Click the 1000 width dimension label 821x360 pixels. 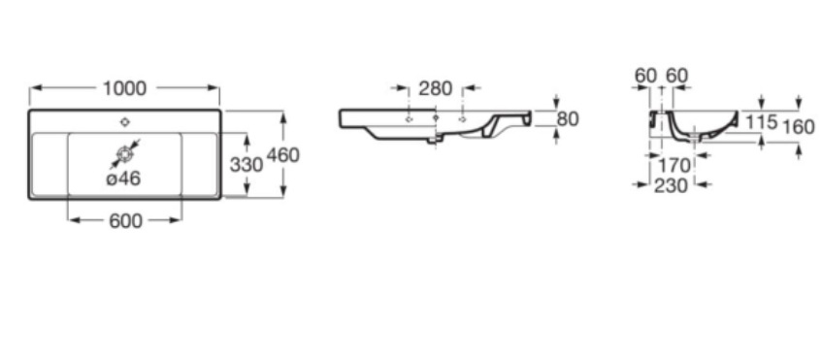pyautogui.click(x=124, y=88)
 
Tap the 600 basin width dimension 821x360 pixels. pyautogui.click(x=125, y=221)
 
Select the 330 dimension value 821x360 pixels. pyautogui.click(x=246, y=165)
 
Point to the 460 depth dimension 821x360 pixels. pyautogui.click(x=282, y=155)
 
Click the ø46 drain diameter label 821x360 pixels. pyautogui.click(x=123, y=179)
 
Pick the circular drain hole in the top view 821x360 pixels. pyautogui.click(x=124, y=154)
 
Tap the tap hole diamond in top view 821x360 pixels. pyautogui.click(x=124, y=122)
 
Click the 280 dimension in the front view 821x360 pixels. pyautogui.click(x=435, y=88)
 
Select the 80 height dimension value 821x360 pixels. pyautogui.click(x=568, y=119)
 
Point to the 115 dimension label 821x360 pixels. pyautogui.click(x=761, y=122)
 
